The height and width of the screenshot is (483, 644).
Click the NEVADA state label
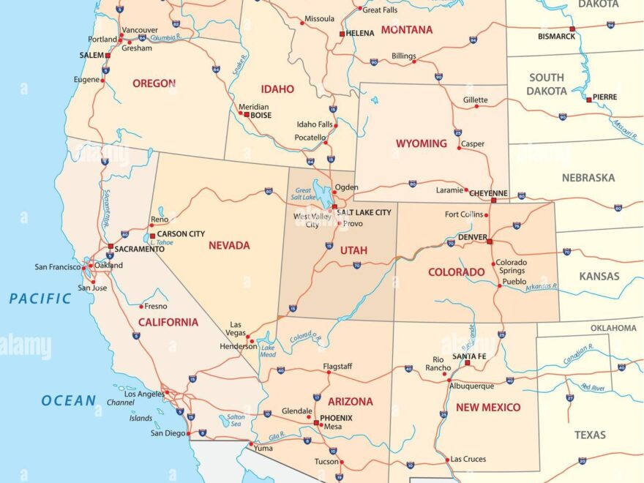click(229, 246)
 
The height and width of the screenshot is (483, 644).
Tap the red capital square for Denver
click(490, 241)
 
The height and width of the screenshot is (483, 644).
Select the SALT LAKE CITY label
click(364, 212)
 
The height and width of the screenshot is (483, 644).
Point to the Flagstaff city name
click(337, 366)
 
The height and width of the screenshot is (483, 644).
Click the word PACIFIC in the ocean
click(40, 299)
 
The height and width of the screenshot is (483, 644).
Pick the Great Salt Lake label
click(303, 195)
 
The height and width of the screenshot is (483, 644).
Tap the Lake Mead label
click(269, 351)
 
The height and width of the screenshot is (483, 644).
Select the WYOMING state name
click(422, 143)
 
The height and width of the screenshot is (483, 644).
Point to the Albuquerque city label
click(471, 386)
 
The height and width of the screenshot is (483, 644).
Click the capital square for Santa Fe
click(468, 363)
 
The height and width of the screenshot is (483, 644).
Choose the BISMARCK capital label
click(557, 36)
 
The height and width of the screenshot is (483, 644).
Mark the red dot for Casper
click(459, 148)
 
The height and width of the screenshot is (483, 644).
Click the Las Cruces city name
click(468, 459)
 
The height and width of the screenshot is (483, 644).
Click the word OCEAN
click(68, 400)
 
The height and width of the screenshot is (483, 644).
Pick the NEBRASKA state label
click(588, 178)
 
